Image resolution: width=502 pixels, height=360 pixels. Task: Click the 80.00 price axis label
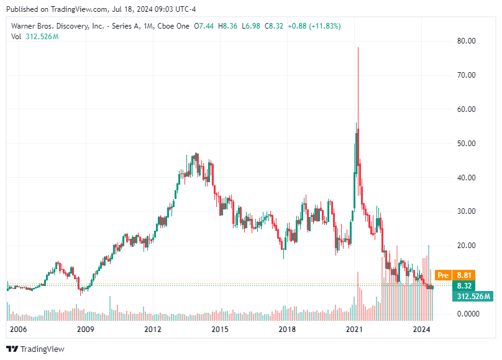tap(467, 41)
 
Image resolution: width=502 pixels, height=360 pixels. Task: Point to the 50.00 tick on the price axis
tap(467, 144)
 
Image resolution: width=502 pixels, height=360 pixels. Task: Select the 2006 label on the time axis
tap(18, 329)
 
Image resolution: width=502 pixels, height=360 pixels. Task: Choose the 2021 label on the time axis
tap(354, 329)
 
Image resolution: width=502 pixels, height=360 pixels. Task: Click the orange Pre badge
tap(443, 275)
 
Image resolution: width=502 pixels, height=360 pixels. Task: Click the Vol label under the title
tap(17, 37)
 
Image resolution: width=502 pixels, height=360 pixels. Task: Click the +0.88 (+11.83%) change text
tap(313, 25)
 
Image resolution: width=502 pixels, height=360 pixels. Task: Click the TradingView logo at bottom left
tap(35, 349)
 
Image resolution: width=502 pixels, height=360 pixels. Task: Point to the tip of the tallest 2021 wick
tap(358, 47)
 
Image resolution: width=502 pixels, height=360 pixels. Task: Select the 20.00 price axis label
tap(467, 246)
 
